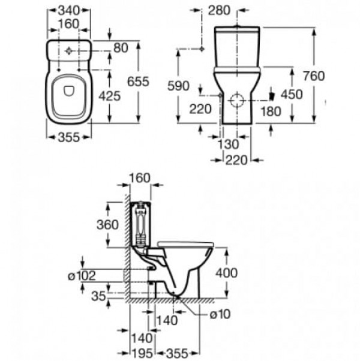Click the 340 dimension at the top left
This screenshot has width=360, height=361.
(x=69, y=10)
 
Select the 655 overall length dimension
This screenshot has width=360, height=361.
(x=138, y=82)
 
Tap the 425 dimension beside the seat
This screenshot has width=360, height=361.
(x=110, y=96)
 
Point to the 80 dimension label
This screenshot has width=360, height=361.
(x=121, y=48)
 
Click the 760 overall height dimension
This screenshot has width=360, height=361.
(x=314, y=76)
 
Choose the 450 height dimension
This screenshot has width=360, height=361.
(x=292, y=94)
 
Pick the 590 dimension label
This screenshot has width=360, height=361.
(x=178, y=86)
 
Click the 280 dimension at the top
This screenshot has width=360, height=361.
(x=219, y=10)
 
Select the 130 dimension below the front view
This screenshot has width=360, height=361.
(x=228, y=145)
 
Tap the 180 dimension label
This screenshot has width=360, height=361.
(x=271, y=112)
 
